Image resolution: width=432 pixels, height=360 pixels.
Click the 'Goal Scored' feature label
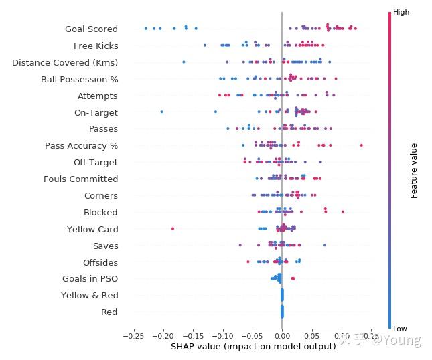(91, 29)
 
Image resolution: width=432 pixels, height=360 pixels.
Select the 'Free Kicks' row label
(96, 46)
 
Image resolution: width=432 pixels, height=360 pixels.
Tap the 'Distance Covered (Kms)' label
(65, 63)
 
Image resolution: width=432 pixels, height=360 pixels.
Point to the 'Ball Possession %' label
(79, 80)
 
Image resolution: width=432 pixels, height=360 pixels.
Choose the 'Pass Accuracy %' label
(81, 146)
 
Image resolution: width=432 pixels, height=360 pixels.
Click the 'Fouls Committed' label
(80, 179)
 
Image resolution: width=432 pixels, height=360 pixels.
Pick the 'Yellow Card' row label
(92, 230)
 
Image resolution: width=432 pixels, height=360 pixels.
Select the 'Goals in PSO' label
(90, 279)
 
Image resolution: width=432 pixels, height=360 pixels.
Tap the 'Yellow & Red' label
(89, 296)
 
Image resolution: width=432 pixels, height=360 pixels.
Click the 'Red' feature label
(109, 312)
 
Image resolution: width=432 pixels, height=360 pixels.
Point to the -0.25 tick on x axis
(134, 336)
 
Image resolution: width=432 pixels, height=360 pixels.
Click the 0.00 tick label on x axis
(282, 336)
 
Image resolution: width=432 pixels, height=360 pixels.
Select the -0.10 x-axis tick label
(222, 336)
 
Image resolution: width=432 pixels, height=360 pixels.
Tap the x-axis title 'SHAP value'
(253, 347)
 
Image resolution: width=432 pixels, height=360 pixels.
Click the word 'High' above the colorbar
(401, 12)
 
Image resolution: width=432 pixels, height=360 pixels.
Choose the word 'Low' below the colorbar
(401, 329)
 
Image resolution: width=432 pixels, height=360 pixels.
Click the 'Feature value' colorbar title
(414, 171)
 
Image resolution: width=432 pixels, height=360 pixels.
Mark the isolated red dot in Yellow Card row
(173, 228)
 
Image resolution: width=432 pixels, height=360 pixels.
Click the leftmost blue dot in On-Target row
(161, 112)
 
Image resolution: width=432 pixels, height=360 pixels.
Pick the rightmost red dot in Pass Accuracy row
(361, 145)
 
